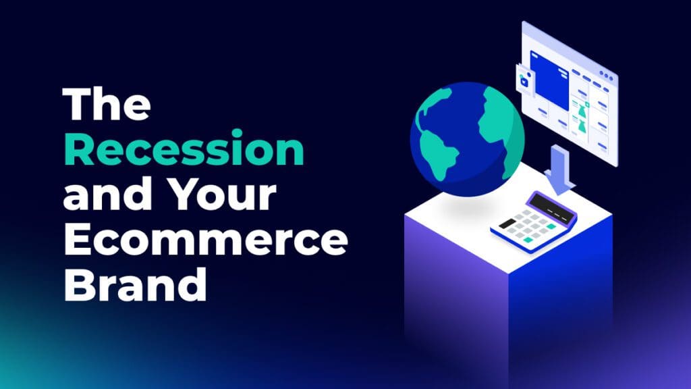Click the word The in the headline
click(x=107, y=104)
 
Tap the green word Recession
click(x=184, y=148)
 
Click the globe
click(x=467, y=139)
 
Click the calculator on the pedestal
click(x=533, y=221)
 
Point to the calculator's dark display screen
click(x=553, y=207)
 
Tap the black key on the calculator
click(x=507, y=224)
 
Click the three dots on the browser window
click(x=606, y=76)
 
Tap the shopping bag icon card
click(x=524, y=80)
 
